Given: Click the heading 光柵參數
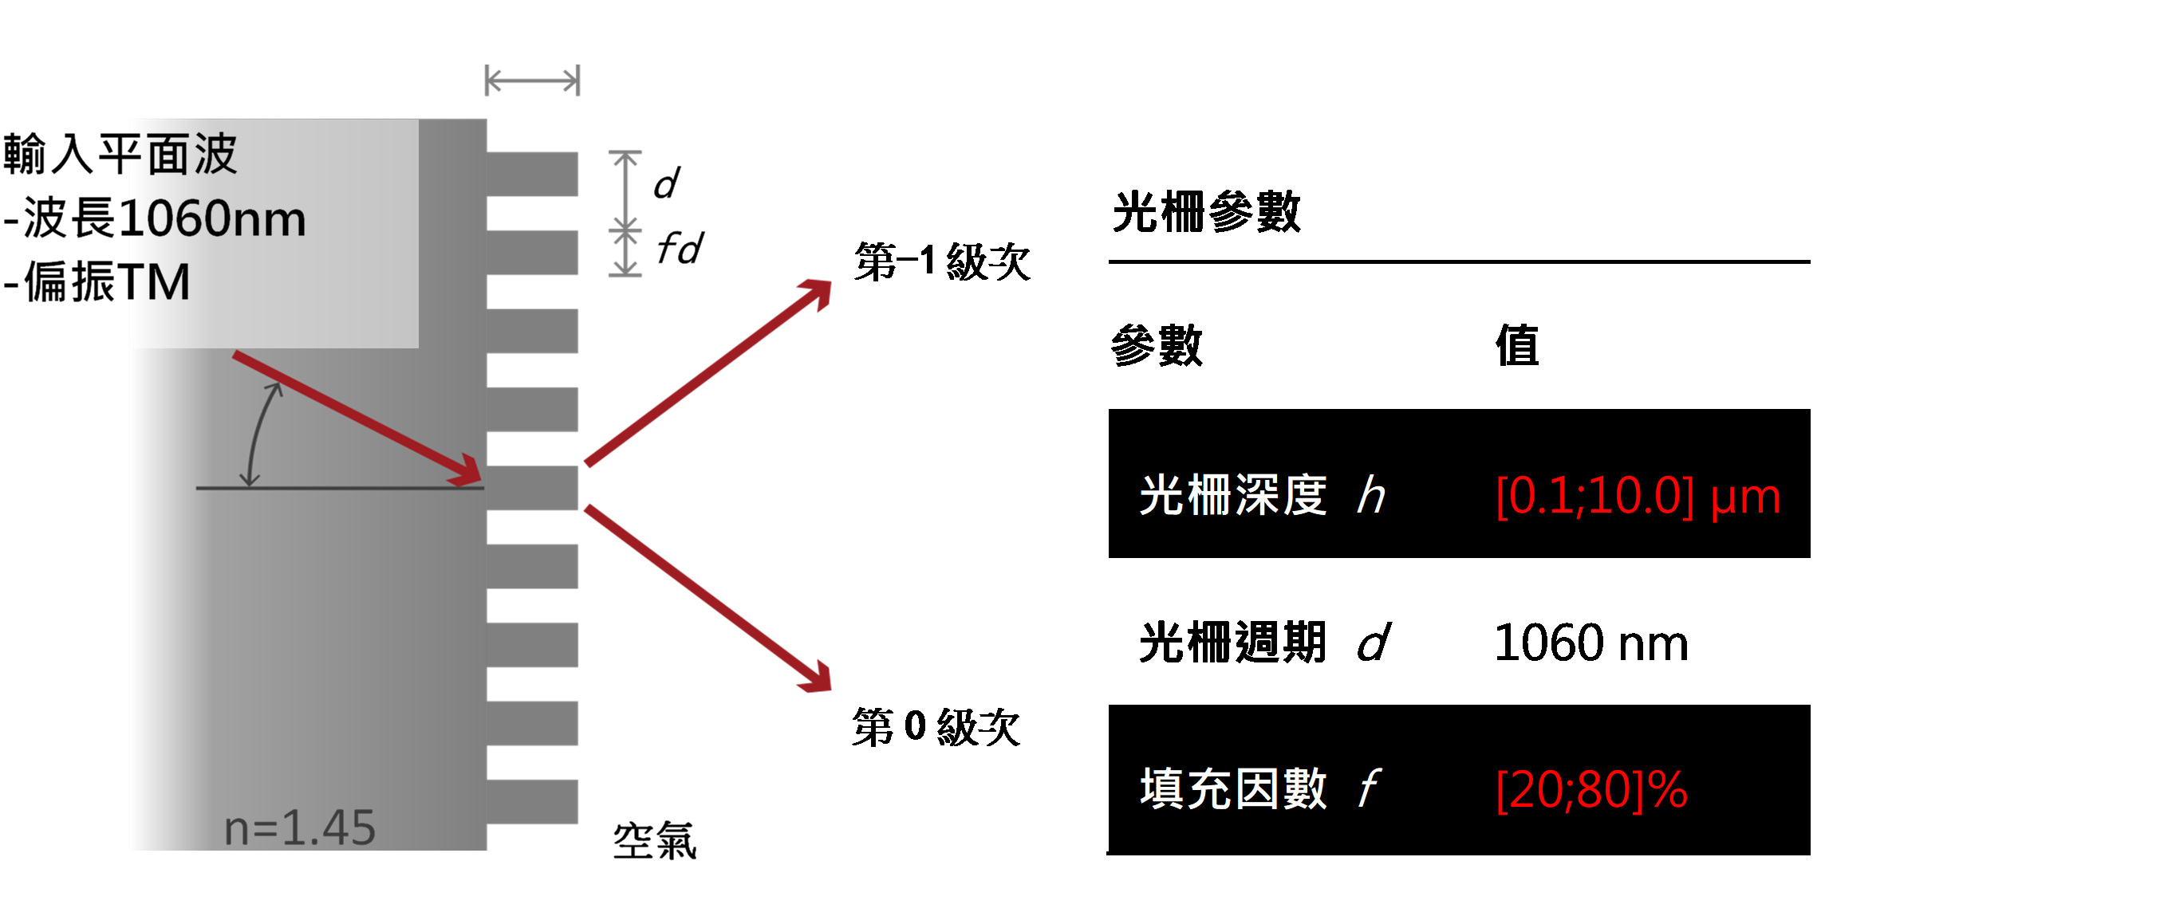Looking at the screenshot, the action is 1206,212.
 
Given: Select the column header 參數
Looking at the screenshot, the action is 1157,345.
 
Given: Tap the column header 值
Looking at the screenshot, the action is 1517,345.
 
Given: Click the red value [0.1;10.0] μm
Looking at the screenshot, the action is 1638,496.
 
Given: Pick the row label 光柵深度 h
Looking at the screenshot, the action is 1263,495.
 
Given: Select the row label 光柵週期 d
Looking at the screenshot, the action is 1265,643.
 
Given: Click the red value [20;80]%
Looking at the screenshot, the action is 1592,789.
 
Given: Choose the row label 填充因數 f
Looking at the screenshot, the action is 1259,788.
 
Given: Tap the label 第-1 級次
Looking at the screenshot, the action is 942,261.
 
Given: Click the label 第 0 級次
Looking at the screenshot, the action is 936,726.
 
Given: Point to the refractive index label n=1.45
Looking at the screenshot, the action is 300,827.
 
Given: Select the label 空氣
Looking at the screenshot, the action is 654,841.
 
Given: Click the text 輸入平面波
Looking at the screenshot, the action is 121,155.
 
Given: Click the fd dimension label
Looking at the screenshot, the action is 680,249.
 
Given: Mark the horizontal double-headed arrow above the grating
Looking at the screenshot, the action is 533,81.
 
